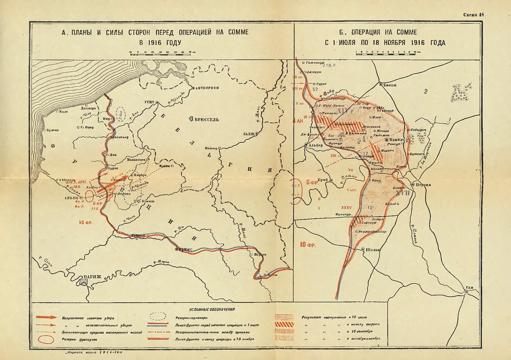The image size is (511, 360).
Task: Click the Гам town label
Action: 470,288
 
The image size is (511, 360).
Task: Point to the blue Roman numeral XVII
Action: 403,193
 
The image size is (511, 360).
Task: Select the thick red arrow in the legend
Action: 46,318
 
